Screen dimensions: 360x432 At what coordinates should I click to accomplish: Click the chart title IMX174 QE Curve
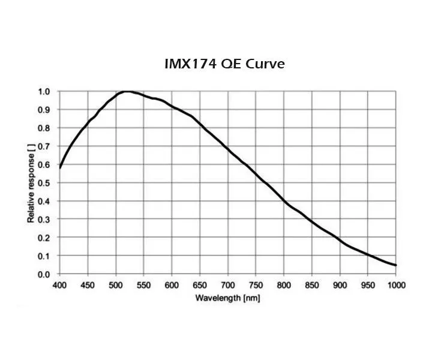[224, 64]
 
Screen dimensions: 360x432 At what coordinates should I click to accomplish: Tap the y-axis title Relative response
[31, 184]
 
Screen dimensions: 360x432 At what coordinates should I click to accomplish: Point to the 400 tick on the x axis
[59, 284]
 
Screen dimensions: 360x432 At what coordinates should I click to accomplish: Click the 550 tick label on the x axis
[144, 284]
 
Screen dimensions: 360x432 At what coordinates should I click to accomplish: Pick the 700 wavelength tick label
[228, 284]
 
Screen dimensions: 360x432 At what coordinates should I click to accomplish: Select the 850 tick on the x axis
[312, 284]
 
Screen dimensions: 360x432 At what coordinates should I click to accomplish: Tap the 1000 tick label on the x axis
[395, 284]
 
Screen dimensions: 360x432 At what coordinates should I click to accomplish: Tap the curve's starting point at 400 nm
[60, 167]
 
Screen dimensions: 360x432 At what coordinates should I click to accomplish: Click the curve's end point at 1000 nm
[396, 265]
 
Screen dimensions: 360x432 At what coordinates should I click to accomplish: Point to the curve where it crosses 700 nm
[228, 149]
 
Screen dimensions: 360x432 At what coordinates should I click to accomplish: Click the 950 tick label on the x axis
[368, 284]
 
